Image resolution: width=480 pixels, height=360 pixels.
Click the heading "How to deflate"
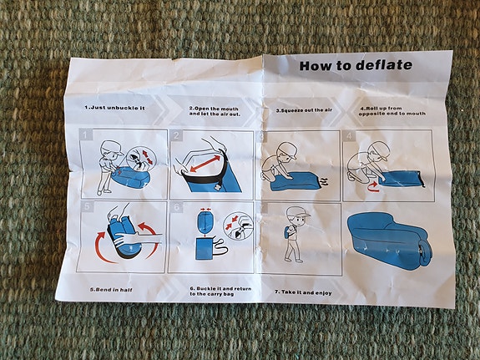pyautogui.click(x=356, y=65)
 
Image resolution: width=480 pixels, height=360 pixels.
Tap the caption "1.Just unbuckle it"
pyautogui.click(x=114, y=108)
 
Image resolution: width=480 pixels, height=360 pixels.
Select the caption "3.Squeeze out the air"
pyautogui.click(x=304, y=110)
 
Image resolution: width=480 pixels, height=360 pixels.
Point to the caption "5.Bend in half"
pyautogui.click(x=111, y=290)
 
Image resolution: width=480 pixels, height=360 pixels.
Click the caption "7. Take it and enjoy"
pyautogui.click(x=303, y=292)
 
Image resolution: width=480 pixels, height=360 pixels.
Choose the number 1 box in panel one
pyautogui.click(x=86, y=134)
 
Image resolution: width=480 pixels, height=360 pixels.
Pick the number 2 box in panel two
pyautogui.click(x=176, y=135)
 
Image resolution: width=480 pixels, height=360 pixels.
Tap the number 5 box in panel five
pyautogui.click(x=87, y=206)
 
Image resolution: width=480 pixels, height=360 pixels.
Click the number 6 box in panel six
pyautogui.click(x=176, y=207)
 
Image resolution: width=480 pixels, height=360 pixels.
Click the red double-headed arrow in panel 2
pyautogui.click(x=205, y=164)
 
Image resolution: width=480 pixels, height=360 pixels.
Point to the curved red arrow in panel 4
pyautogui.click(x=373, y=186)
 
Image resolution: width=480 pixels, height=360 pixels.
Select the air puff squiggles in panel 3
pyautogui.click(x=325, y=181)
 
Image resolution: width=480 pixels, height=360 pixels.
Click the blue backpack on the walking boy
pyautogui.click(x=287, y=231)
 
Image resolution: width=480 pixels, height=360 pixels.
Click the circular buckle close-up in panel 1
pyautogui.click(x=141, y=160)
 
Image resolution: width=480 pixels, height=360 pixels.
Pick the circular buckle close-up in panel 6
pyautogui.click(x=238, y=226)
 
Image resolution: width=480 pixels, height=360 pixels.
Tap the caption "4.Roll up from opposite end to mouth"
pyautogui.click(x=392, y=111)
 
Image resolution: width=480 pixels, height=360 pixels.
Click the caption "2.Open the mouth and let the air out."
pyautogui.click(x=215, y=111)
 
